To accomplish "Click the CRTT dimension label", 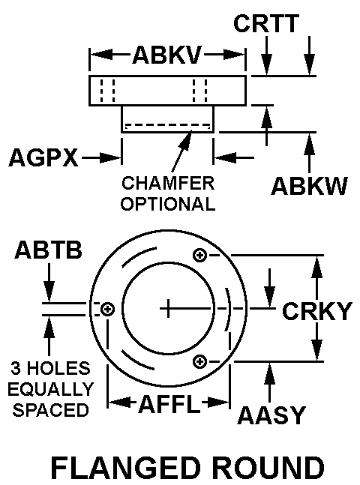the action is (266, 23).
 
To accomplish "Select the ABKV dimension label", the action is (167, 55).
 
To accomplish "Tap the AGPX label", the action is (43, 157).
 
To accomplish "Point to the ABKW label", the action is (309, 186).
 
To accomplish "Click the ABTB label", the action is (49, 250).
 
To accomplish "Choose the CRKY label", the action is (317, 311).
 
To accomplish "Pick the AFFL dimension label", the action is (169, 404).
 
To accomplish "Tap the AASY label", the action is (271, 415).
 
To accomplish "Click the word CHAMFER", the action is (168, 183).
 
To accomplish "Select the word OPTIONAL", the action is (168, 204).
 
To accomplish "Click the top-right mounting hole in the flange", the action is (199, 256).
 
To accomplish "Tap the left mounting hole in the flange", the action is (108, 309).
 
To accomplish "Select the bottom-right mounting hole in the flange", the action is (199, 361).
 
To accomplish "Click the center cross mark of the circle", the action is (168, 308).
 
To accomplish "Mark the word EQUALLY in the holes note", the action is (51, 389).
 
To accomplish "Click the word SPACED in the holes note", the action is (51, 410).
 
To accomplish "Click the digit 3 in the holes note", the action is (16, 368).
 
